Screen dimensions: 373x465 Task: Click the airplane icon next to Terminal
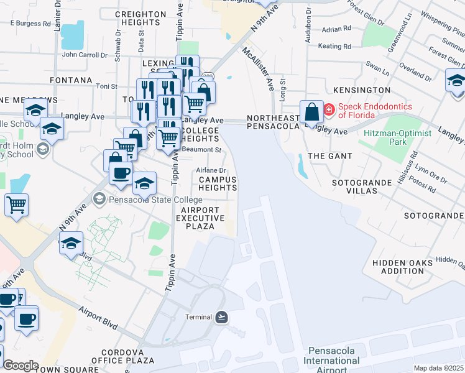pyautogui.click(x=222, y=317)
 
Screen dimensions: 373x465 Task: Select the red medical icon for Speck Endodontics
pyautogui.click(x=328, y=111)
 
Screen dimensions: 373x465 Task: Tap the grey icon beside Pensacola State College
pyautogui.click(x=99, y=200)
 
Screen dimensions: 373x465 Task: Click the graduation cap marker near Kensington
pyautogui.click(x=456, y=81)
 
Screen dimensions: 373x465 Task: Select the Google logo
pyautogui.click(x=21, y=366)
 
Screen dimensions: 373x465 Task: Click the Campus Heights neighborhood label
pyautogui.click(x=218, y=183)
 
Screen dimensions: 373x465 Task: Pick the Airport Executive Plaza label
pyautogui.click(x=203, y=218)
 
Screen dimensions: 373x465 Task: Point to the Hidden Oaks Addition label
pyautogui.click(x=402, y=267)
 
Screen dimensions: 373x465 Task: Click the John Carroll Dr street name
pyautogui.click(x=85, y=55)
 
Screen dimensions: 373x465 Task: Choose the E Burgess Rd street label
pyautogui.click(x=31, y=24)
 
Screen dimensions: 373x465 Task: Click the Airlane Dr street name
pyautogui.click(x=211, y=170)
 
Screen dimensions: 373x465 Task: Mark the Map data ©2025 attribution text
pyautogui.click(x=438, y=368)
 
